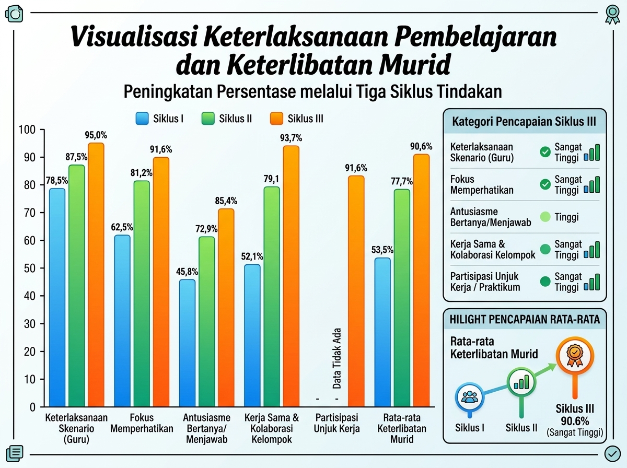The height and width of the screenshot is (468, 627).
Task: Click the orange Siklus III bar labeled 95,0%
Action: click(96, 275)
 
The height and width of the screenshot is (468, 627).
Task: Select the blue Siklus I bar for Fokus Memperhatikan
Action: click(122, 321)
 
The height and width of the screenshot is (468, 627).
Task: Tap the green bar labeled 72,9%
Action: click(207, 322)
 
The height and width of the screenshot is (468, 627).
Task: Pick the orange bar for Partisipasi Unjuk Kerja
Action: click(356, 291)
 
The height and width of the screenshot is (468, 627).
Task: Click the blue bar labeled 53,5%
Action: click(382, 332)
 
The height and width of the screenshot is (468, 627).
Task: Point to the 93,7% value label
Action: click(291, 138)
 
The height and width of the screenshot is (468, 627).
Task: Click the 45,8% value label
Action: click(187, 272)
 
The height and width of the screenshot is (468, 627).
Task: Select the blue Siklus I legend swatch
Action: click(142, 119)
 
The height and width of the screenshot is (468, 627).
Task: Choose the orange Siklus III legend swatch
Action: click(276, 119)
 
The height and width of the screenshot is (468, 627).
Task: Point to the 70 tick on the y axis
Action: click(30, 213)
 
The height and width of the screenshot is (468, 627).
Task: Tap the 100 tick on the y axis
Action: click(27, 130)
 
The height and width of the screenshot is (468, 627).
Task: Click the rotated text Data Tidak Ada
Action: click(337, 359)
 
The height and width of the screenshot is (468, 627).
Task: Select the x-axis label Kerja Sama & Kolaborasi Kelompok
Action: click(272, 428)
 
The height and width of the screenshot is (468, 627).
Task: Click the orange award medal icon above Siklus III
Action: click(575, 356)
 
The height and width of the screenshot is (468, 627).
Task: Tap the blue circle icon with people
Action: click(470, 397)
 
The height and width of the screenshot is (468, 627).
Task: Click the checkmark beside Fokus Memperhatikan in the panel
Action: click(545, 184)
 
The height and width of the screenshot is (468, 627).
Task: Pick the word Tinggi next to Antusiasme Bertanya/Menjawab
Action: click(566, 217)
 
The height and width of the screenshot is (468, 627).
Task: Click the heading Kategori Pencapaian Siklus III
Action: click(524, 121)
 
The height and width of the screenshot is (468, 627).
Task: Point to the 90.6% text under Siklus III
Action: click(575, 421)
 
